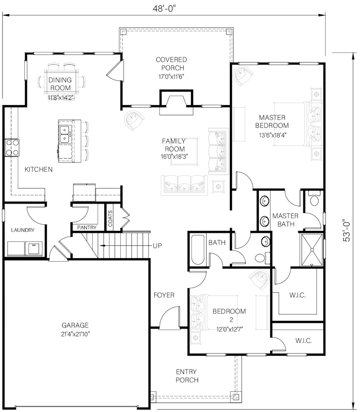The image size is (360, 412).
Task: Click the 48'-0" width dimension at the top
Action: tap(164, 9)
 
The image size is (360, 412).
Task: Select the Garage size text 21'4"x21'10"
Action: tap(75, 334)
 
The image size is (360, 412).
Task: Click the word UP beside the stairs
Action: tap(157, 246)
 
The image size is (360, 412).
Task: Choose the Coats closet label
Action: tap(110, 218)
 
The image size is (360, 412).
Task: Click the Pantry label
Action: tap(87, 227)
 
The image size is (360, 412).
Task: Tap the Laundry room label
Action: tap(22, 230)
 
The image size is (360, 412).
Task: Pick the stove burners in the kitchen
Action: tap(12, 148)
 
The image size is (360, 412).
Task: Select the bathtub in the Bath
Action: tap(198, 250)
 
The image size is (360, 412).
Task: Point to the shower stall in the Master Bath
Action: tap(312, 250)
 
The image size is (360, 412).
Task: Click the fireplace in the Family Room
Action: tap(176, 102)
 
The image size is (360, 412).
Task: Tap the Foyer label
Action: tap(164, 295)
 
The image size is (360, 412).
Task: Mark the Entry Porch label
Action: tap(187, 376)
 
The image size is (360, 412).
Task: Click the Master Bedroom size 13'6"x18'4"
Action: tap(272, 135)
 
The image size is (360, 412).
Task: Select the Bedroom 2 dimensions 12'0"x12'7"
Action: tap(229, 329)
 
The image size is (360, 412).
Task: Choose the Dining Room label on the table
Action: tap(60, 84)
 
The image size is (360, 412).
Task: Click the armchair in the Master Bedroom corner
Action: tap(243, 76)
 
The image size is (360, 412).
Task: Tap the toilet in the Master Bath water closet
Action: tap(314, 199)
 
